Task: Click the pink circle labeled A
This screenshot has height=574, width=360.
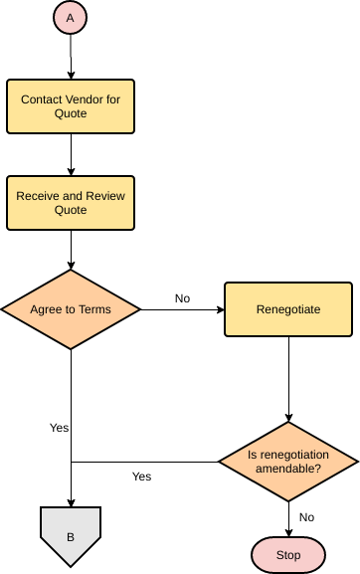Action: pos(70,18)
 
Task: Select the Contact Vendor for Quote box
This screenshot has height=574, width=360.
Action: pos(70,107)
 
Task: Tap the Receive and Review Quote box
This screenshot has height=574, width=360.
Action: pos(70,203)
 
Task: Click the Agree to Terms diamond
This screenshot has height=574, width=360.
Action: pos(70,309)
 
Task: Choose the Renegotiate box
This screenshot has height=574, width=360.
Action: pos(288,309)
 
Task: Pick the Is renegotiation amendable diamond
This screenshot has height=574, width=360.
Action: pos(288,461)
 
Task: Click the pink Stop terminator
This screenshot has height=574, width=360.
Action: pos(288,555)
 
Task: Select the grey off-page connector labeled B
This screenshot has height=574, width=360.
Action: pos(70,535)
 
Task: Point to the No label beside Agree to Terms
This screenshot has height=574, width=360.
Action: pos(182,298)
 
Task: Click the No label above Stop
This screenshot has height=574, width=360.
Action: pos(306,517)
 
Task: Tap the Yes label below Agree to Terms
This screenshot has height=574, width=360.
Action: pos(59,428)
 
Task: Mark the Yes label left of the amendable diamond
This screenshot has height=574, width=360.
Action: pos(141,477)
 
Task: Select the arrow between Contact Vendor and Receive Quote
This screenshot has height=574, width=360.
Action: pos(70,155)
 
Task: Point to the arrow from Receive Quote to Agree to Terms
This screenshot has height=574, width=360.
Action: pos(70,249)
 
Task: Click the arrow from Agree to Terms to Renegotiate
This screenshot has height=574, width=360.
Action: pos(182,309)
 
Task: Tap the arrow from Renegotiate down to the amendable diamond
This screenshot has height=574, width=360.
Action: pos(288,378)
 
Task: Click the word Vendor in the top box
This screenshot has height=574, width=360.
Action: pos(91,100)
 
